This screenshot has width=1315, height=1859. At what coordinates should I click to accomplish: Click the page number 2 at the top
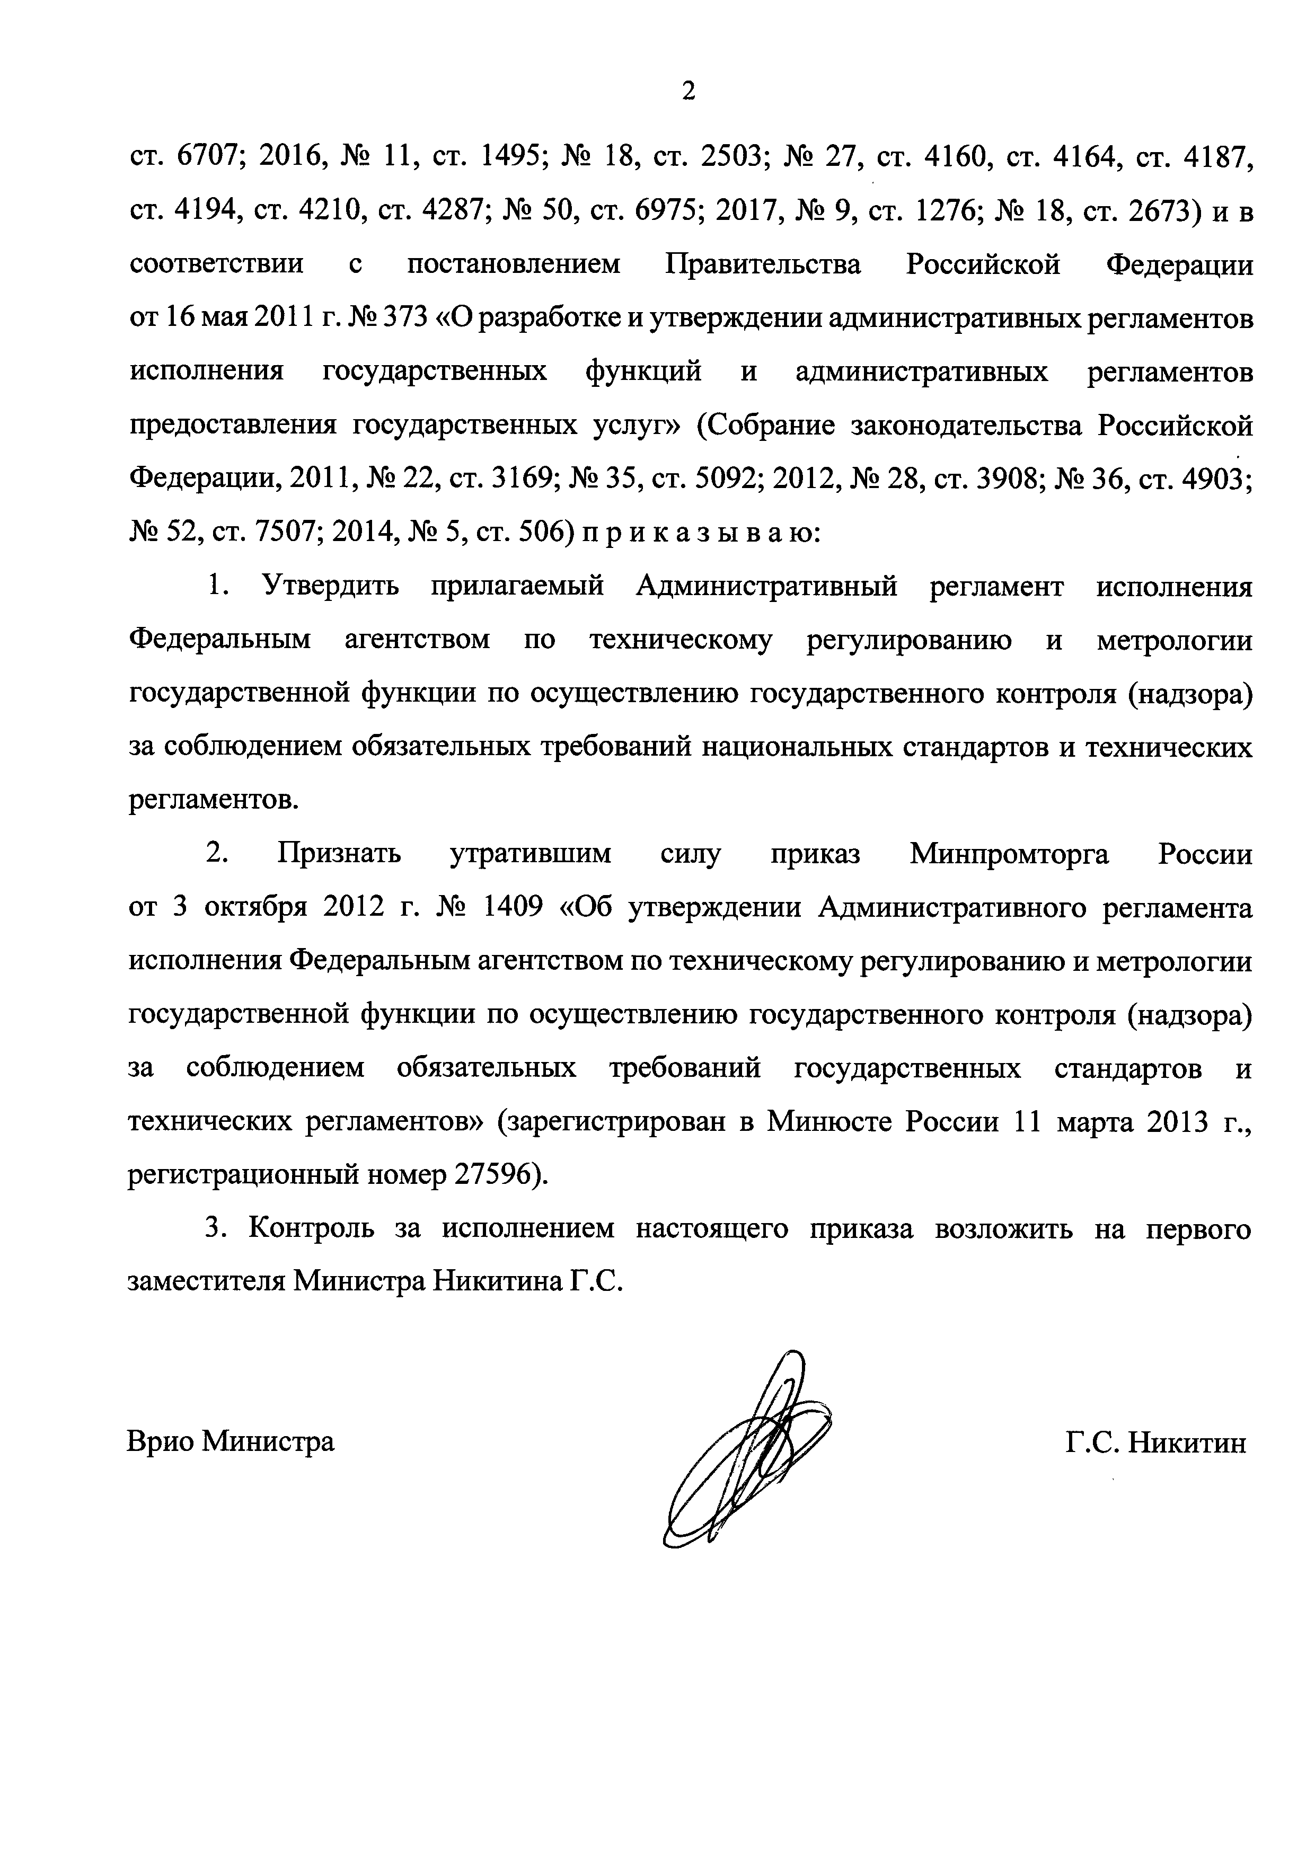(x=689, y=92)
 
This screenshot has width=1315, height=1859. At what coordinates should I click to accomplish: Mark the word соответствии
(x=217, y=265)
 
